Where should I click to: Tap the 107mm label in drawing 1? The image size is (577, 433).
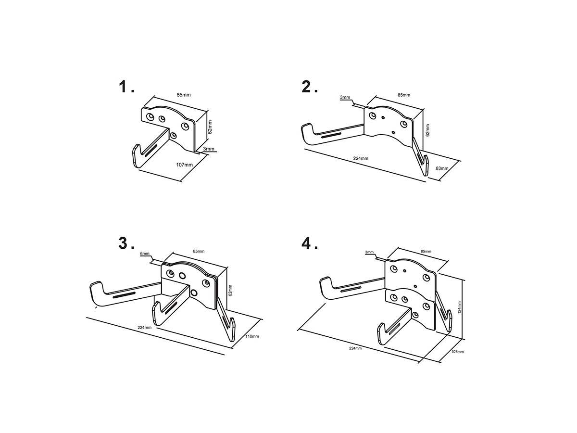click(x=184, y=165)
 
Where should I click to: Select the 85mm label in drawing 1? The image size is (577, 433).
click(x=184, y=95)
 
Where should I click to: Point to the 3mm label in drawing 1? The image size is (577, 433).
click(x=209, y=149)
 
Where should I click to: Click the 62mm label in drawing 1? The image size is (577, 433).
click(x=210, y=127)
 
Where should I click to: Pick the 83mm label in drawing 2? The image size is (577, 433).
click(x=442, y=168)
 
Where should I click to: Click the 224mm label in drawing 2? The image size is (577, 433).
click(x=361, y=158)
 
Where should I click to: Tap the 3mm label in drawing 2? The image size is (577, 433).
click(x=345, y=97)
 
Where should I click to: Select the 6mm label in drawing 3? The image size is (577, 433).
click(x=145, y=254)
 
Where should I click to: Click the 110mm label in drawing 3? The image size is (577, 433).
click(x=252, y=336)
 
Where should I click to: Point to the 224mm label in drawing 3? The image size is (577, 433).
click(x=145, y=328)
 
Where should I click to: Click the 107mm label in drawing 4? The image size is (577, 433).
click(x=458, y=352)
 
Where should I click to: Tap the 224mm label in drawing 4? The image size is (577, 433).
click(x=355, y=348)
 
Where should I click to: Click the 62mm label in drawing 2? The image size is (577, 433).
click(x=427, y=130)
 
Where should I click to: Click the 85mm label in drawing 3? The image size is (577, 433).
click(x=199, y=251)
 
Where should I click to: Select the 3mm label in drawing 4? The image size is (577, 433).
click(x=369, y=252)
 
